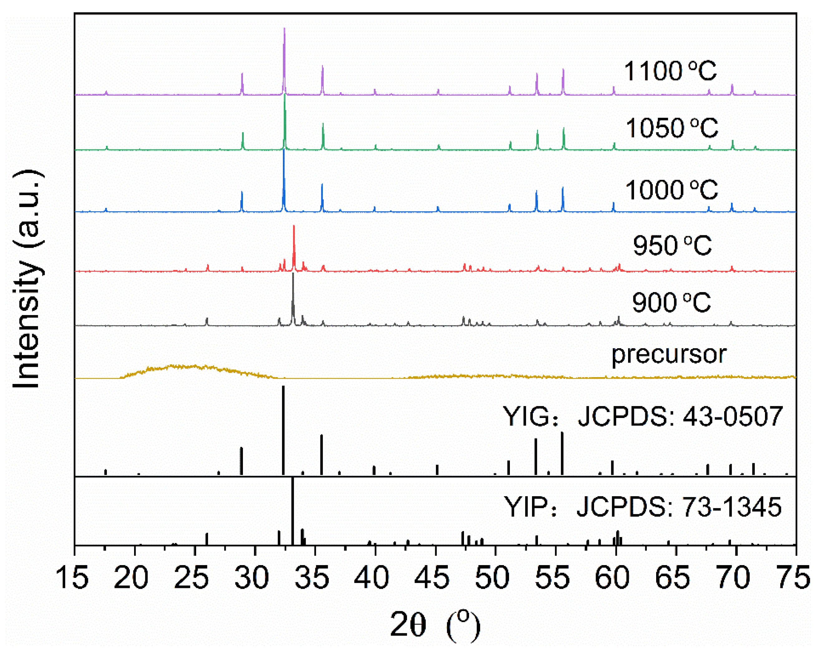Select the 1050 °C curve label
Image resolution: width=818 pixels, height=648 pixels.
(x=671, y=128)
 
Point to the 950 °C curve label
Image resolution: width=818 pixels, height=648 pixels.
(x=672, y=245)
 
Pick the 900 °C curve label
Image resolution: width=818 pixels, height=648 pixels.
(x=671, y=302)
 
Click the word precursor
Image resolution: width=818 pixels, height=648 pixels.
(x=669, y=354)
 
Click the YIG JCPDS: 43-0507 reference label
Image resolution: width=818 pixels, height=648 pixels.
(x=643, y=416)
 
